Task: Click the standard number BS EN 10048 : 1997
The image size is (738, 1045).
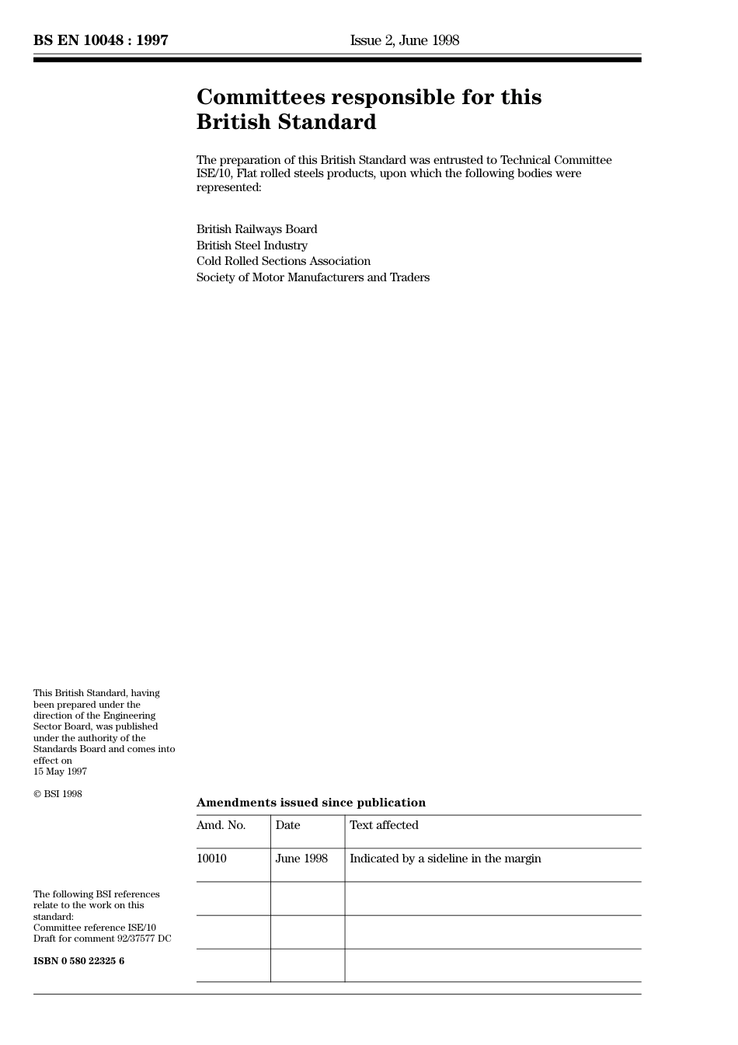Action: [101, 40]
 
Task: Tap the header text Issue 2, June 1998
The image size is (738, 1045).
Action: [404, 40]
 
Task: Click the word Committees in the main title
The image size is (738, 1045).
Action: [260, 97]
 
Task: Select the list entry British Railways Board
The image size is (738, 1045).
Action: [256, 229]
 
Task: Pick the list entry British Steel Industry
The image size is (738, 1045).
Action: [252, 246]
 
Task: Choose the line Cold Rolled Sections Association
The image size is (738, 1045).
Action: [283, 261]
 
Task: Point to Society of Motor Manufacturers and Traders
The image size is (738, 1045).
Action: [312, 277]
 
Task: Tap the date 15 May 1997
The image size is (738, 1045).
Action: [60, 772]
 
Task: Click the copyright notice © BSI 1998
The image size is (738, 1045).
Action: [57, 794]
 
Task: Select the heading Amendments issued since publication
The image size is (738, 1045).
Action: [311, 803]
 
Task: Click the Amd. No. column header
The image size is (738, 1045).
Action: [221, 825]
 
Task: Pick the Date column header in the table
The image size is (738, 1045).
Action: [287, 825]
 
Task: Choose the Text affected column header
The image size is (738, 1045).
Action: [384, 825]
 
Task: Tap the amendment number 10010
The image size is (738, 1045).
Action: [211, 859]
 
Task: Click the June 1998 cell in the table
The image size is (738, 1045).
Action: [301, 859]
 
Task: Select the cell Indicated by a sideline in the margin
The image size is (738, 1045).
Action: [445, 859]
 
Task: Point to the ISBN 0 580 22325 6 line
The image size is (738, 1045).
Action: [78, 961]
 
